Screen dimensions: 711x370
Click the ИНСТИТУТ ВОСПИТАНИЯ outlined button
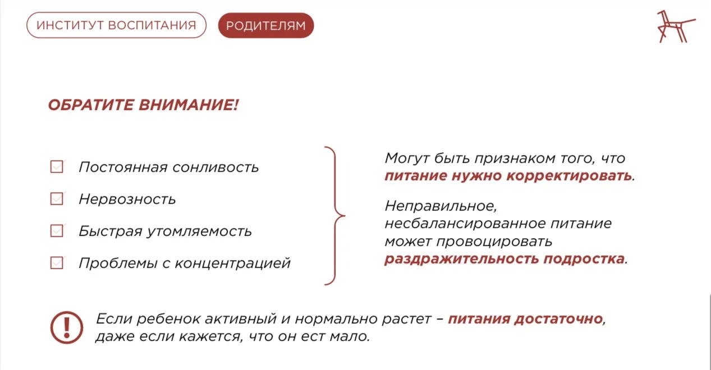(x=117, y=25)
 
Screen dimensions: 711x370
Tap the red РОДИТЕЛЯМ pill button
(x=266, y=25)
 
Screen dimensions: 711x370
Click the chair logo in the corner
(x=676, y=26)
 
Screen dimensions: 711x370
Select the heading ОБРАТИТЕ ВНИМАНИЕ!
(x=143, y=105)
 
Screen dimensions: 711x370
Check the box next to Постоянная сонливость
(x=57, y=166)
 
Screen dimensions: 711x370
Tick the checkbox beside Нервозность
(x=57, y=199)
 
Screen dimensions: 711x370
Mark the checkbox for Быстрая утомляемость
(x=57, y=231)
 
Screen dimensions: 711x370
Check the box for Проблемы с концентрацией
(x=57, y=263)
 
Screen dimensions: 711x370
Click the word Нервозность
(x=127, y=199)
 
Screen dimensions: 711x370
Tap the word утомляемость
(x=199, y=231)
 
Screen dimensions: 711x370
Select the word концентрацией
(x=233, y=263)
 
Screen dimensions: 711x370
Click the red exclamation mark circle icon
(x=67, y=327)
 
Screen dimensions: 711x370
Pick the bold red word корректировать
(x=569, y=176)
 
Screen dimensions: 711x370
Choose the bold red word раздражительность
(x=461, y=259)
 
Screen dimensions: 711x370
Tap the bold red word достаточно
(x=559, y=318)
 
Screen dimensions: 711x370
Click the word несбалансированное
(x=465, y=223)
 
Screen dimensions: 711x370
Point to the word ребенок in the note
(x=168, y=318)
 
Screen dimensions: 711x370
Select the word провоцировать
(x=494, y=241)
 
